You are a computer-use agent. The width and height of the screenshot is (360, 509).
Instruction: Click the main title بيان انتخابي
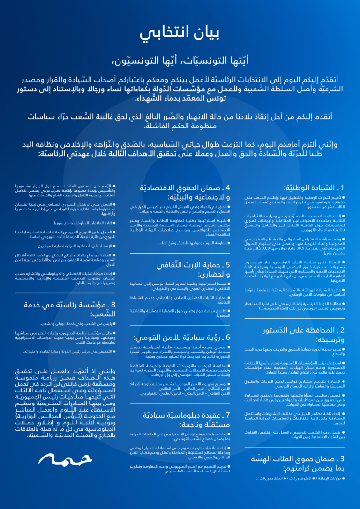(x=180, y=33)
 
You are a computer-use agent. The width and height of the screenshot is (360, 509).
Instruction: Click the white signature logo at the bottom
(x=59, y=458)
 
